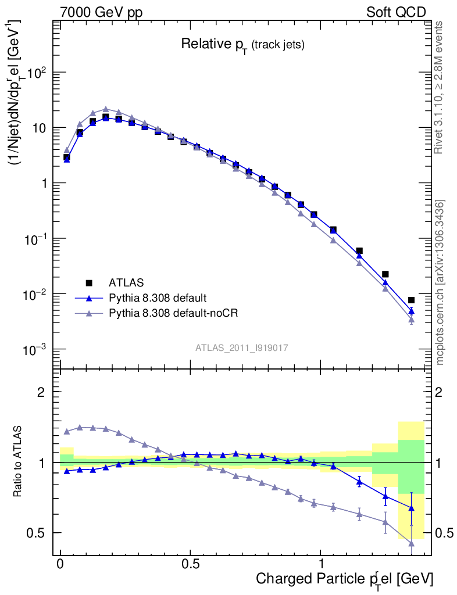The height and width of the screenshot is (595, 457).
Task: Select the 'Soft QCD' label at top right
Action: click(396, 12)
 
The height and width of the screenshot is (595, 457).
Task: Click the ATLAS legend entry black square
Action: click(89, 283)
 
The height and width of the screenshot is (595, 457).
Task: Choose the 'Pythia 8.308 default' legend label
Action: click(157, 298)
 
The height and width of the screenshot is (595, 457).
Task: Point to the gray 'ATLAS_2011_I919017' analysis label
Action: click(242, 347)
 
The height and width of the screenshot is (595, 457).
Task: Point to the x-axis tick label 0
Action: click(60, 564)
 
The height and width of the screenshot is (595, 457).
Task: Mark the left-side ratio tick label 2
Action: click(41, 392)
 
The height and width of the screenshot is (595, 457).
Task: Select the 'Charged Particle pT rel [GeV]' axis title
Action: click(344, 579)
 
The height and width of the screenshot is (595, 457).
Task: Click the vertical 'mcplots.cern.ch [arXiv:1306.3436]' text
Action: click(440, 282)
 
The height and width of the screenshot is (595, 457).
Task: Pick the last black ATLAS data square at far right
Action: click(411, 300)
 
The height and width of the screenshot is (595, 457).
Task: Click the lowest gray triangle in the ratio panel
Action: click(411, 543)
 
